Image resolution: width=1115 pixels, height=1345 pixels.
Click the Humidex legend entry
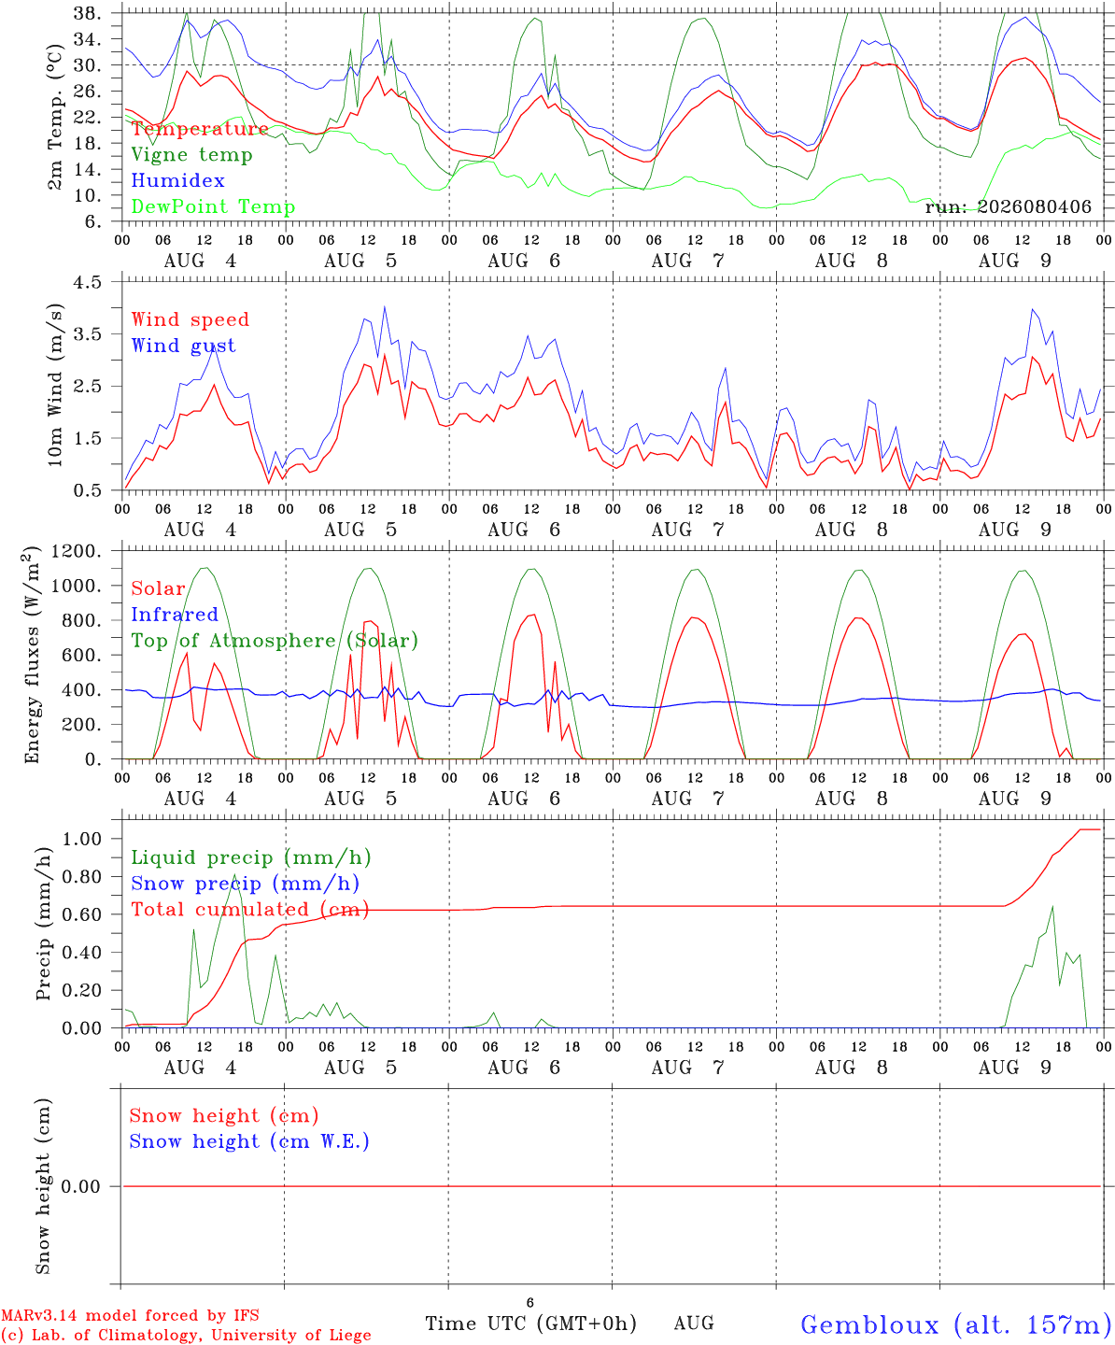coord(177,180)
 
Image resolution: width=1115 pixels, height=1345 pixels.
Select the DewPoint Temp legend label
coord(213,206)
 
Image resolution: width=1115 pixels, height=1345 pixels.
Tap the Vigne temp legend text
coord(192,155)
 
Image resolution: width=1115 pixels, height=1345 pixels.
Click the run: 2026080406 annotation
coord(1008,206)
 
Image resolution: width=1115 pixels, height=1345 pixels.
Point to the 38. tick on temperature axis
coord(87,13)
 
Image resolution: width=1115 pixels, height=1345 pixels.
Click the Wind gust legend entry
coord(184,346)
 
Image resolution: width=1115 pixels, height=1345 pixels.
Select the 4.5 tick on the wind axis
coord(87,282)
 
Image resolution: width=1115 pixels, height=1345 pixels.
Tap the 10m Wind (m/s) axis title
coord(55,385)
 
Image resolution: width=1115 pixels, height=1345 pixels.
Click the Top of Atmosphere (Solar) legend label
coord(275,641)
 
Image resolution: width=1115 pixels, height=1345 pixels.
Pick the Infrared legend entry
coord(175,615)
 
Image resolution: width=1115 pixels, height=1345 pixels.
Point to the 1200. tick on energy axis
coord(77,551)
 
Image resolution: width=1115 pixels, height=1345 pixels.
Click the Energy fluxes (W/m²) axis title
coord(32,655)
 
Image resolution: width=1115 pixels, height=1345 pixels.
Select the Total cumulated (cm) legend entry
coord(250,909)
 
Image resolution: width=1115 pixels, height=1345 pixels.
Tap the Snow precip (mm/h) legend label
coord(246,884)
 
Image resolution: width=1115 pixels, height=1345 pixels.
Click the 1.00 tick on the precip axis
coord(82,839)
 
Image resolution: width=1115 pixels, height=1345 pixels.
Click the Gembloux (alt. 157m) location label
coord(957,1325)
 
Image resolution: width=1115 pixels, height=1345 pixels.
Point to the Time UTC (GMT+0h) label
coord(531,1324)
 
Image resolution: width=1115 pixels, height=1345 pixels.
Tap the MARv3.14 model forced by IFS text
coord(130,1315)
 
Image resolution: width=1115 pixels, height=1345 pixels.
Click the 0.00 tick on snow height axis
coord(80,1186)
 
